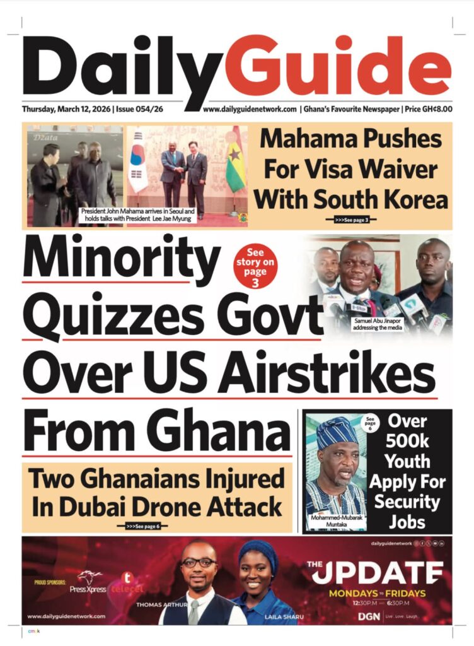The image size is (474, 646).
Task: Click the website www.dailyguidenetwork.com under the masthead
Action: [x=250, y=109]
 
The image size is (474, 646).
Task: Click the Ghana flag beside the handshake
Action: [x=236, y=167]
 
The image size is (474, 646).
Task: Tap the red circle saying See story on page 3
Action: [x=255, y=266]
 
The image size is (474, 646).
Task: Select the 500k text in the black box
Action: [x=407, y=442]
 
